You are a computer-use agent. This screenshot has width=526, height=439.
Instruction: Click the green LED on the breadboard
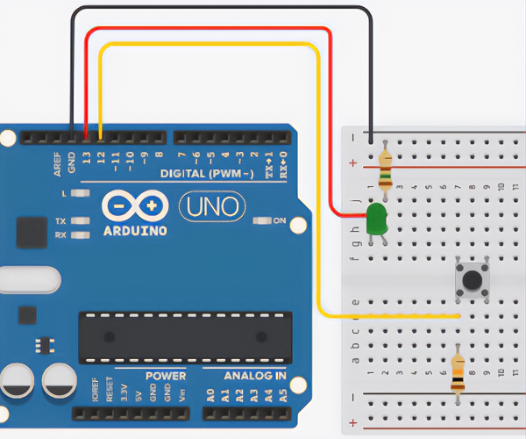click(377, 219)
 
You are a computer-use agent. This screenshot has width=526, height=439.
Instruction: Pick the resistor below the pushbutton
click(458, 372)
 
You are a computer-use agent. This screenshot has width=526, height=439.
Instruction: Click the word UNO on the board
click(205, 208)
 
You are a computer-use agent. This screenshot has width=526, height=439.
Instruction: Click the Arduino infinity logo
click(134, 205)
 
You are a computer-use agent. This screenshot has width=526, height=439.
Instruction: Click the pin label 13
click(86, 159)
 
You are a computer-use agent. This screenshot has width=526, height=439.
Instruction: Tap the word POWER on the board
click(166, 376)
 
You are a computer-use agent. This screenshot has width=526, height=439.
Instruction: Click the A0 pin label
click(210, 395)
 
